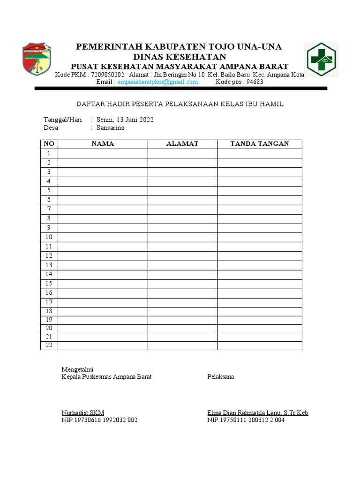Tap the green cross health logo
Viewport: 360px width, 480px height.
pos(321,59)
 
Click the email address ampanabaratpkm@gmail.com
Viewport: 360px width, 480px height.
pos(157,82)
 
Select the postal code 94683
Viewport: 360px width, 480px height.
pos(255,82)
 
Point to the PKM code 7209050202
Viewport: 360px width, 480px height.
pos(108,75)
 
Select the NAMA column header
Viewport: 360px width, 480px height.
pos(103,144)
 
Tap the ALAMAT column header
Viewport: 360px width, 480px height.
pos(182,144)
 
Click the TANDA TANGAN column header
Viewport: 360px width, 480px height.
pos(259,144)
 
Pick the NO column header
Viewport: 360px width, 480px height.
pos(49,144)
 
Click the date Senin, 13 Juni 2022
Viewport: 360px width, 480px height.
pos(125,120)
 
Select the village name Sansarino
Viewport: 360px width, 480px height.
pos(111,127)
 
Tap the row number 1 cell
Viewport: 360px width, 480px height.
pos(49,153)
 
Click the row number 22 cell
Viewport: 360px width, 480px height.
pos(49,345)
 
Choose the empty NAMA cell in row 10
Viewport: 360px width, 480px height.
pos(103,237)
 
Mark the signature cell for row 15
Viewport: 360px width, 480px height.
pos(259,284)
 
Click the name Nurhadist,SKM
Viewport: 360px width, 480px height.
pos(83,412)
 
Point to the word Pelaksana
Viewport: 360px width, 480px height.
pos(220,377)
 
